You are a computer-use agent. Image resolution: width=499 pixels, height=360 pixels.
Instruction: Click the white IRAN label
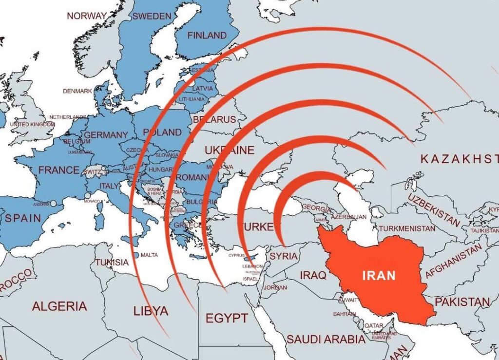(x=379, y=275)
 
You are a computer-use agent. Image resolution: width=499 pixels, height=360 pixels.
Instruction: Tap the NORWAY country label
(x=87, y=16)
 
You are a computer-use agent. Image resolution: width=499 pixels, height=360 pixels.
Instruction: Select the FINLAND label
(x=207, y=36)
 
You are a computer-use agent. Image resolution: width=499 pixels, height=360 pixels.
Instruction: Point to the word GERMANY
(x=106, y=135)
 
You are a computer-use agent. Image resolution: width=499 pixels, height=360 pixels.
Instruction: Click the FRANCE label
(x=58, y=170)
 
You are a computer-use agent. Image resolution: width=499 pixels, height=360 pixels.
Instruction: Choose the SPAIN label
(x=23, y=218)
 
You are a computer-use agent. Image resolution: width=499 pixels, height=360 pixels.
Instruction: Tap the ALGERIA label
(x=59, y=306)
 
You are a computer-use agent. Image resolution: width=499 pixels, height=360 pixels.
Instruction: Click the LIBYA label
(x=151, y=311)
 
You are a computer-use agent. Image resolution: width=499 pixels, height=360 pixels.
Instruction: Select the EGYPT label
(x=227, y=319)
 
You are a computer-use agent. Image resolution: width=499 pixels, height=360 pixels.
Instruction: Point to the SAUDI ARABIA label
(x=326, y=339)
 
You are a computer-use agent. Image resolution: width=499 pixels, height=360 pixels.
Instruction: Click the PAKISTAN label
(x=462, y=302)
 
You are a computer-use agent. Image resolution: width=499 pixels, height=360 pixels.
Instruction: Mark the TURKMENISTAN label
(x=407, y=228)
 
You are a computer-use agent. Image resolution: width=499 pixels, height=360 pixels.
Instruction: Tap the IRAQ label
(x=313, y=275)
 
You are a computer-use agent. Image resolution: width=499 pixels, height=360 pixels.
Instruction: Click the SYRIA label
(x=284, y=256)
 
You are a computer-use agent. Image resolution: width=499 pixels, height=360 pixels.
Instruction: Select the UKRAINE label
(x=230, y=150)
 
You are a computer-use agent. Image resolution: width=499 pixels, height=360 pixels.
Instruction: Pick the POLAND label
(x=163, y=132)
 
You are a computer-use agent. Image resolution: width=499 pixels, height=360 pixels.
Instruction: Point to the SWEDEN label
(x=152, y=16)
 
